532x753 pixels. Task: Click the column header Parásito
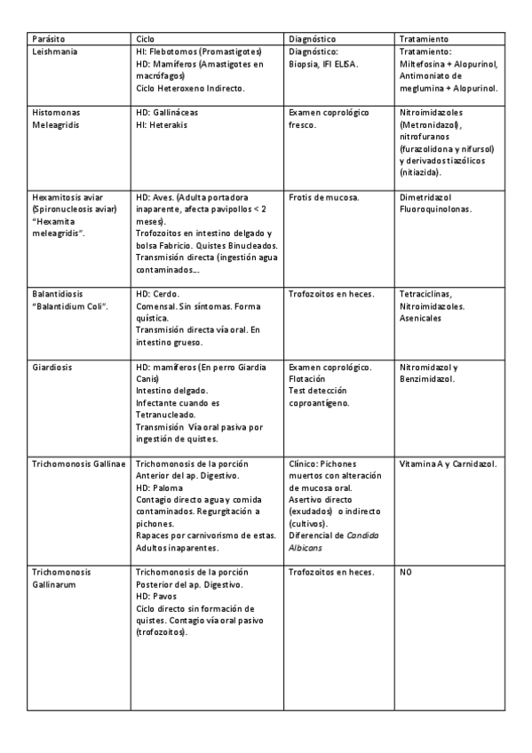(48, 40)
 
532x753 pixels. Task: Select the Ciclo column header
(145, 40)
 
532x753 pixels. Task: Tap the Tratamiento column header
(424, 40)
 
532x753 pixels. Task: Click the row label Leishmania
(55, 52)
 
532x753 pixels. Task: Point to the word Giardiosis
(52, 367)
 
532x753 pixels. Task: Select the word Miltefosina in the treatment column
(423, 65)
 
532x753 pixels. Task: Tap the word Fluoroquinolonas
(436, 209)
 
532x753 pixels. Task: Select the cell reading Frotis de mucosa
(324, 196)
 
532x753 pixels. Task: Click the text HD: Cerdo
(158, 293)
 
